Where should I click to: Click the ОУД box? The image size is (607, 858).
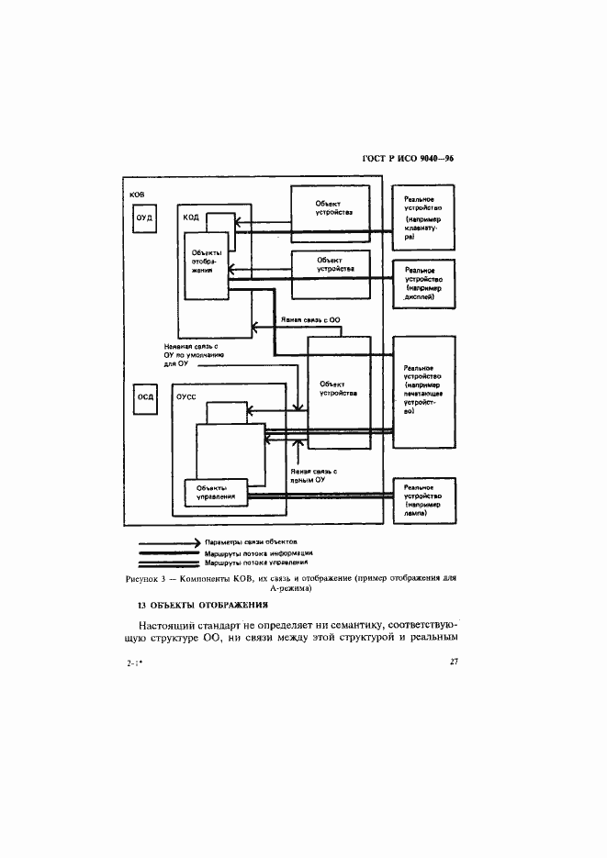coord(143,218)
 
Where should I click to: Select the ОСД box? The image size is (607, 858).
coord(145,397)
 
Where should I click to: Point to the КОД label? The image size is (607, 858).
coord(191,217)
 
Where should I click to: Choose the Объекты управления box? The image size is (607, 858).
coord(216,491)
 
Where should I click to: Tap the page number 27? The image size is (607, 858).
coord(454,663)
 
